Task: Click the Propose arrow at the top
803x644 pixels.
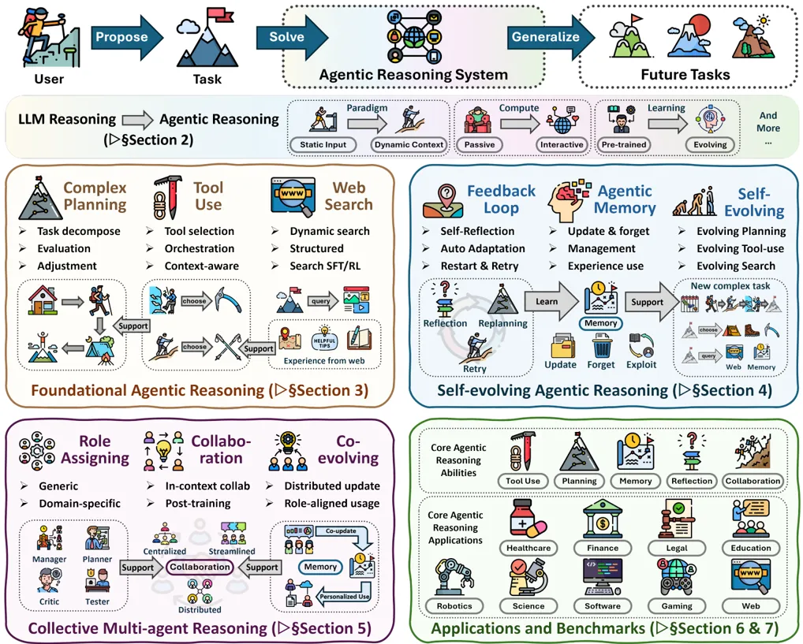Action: coord(126,37)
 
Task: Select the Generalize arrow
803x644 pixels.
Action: coord(551,37)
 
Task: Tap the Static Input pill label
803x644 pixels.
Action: coord(323,145)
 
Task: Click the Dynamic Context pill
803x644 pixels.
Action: coord(409,145)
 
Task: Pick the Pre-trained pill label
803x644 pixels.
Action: coord(624,145)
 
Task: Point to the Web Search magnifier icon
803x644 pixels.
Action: coord(293,197)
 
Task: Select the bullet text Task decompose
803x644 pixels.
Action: coord(79,232)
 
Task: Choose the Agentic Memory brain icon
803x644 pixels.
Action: coord(569,200)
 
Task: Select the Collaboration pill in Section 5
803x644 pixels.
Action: coord(200,568)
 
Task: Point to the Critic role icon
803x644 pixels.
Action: coord(49,581)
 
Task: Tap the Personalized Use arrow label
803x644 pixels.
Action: coord(344,597)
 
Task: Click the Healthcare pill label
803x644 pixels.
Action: coord(528,549)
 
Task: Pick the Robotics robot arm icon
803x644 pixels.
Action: coord(454,577)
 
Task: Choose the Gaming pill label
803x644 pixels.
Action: coord(677,606)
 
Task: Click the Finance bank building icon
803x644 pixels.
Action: coord(603,519)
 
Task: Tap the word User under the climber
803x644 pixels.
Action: coord(49,80)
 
